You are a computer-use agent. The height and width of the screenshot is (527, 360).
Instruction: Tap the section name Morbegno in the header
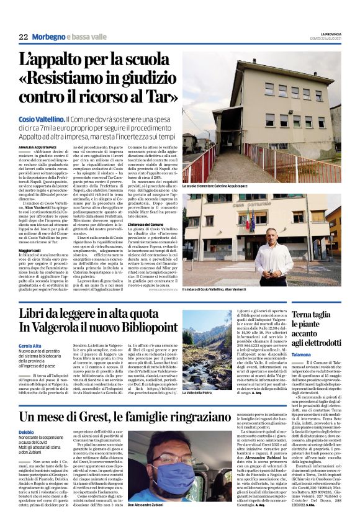[50, 37]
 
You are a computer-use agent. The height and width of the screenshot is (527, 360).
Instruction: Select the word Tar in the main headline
[158, 96]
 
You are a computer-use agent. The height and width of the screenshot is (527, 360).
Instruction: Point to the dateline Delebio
[27, 431]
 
